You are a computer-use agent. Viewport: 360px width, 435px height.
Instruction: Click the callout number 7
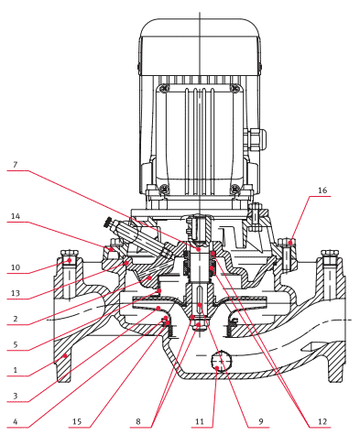15,165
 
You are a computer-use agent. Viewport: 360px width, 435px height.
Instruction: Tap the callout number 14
16,216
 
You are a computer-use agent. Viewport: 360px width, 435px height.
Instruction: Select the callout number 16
322,190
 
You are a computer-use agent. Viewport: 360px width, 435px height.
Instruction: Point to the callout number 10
16,267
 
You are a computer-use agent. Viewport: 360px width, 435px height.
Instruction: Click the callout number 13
16,293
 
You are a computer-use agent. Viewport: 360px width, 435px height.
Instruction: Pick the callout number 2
16,319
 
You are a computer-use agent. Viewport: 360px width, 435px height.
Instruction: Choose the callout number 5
16,345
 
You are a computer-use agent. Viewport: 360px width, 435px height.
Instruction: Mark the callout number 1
16,370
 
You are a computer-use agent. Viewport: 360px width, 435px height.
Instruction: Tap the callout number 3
16,397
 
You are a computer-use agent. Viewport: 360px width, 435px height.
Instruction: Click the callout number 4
16,422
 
